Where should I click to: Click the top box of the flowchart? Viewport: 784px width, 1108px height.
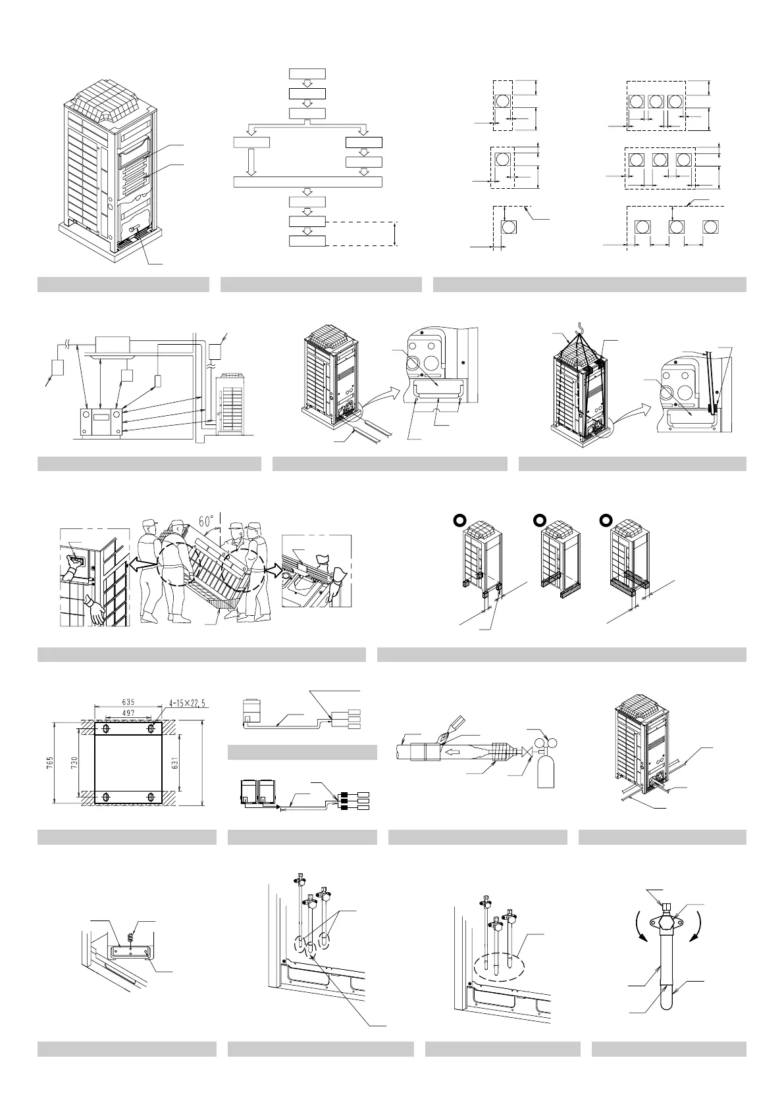[x=307, y=73]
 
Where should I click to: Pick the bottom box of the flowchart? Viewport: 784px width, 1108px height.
[x=307, y=241]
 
